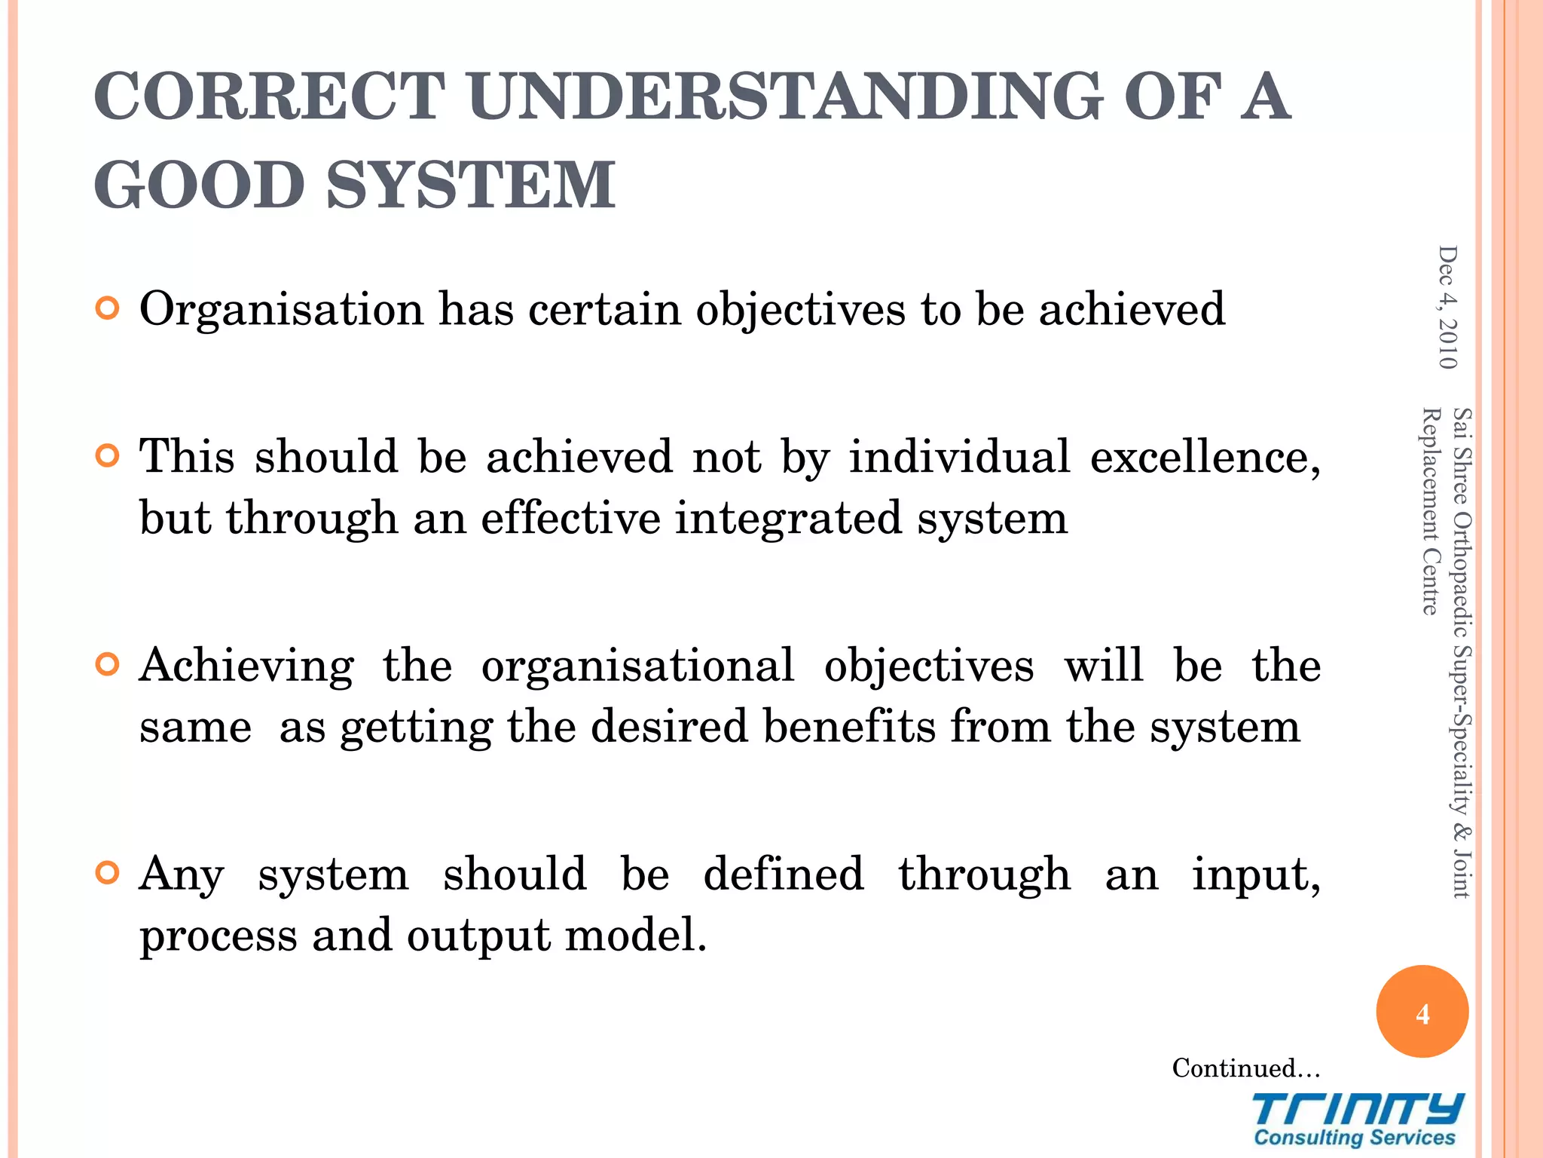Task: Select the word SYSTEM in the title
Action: (x=472, y=185)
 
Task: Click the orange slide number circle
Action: (x=1422, y=1012)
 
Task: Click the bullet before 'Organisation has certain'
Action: (x=108, y=309)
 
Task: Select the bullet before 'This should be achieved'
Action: (x=108, y=456)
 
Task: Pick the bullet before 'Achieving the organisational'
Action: (x=108, y=665)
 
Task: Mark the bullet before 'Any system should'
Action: (x=108, y=874)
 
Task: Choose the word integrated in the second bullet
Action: (x=787, y=518)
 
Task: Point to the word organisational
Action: (x=637, y=666)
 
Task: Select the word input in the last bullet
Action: (x=1255, y=875)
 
